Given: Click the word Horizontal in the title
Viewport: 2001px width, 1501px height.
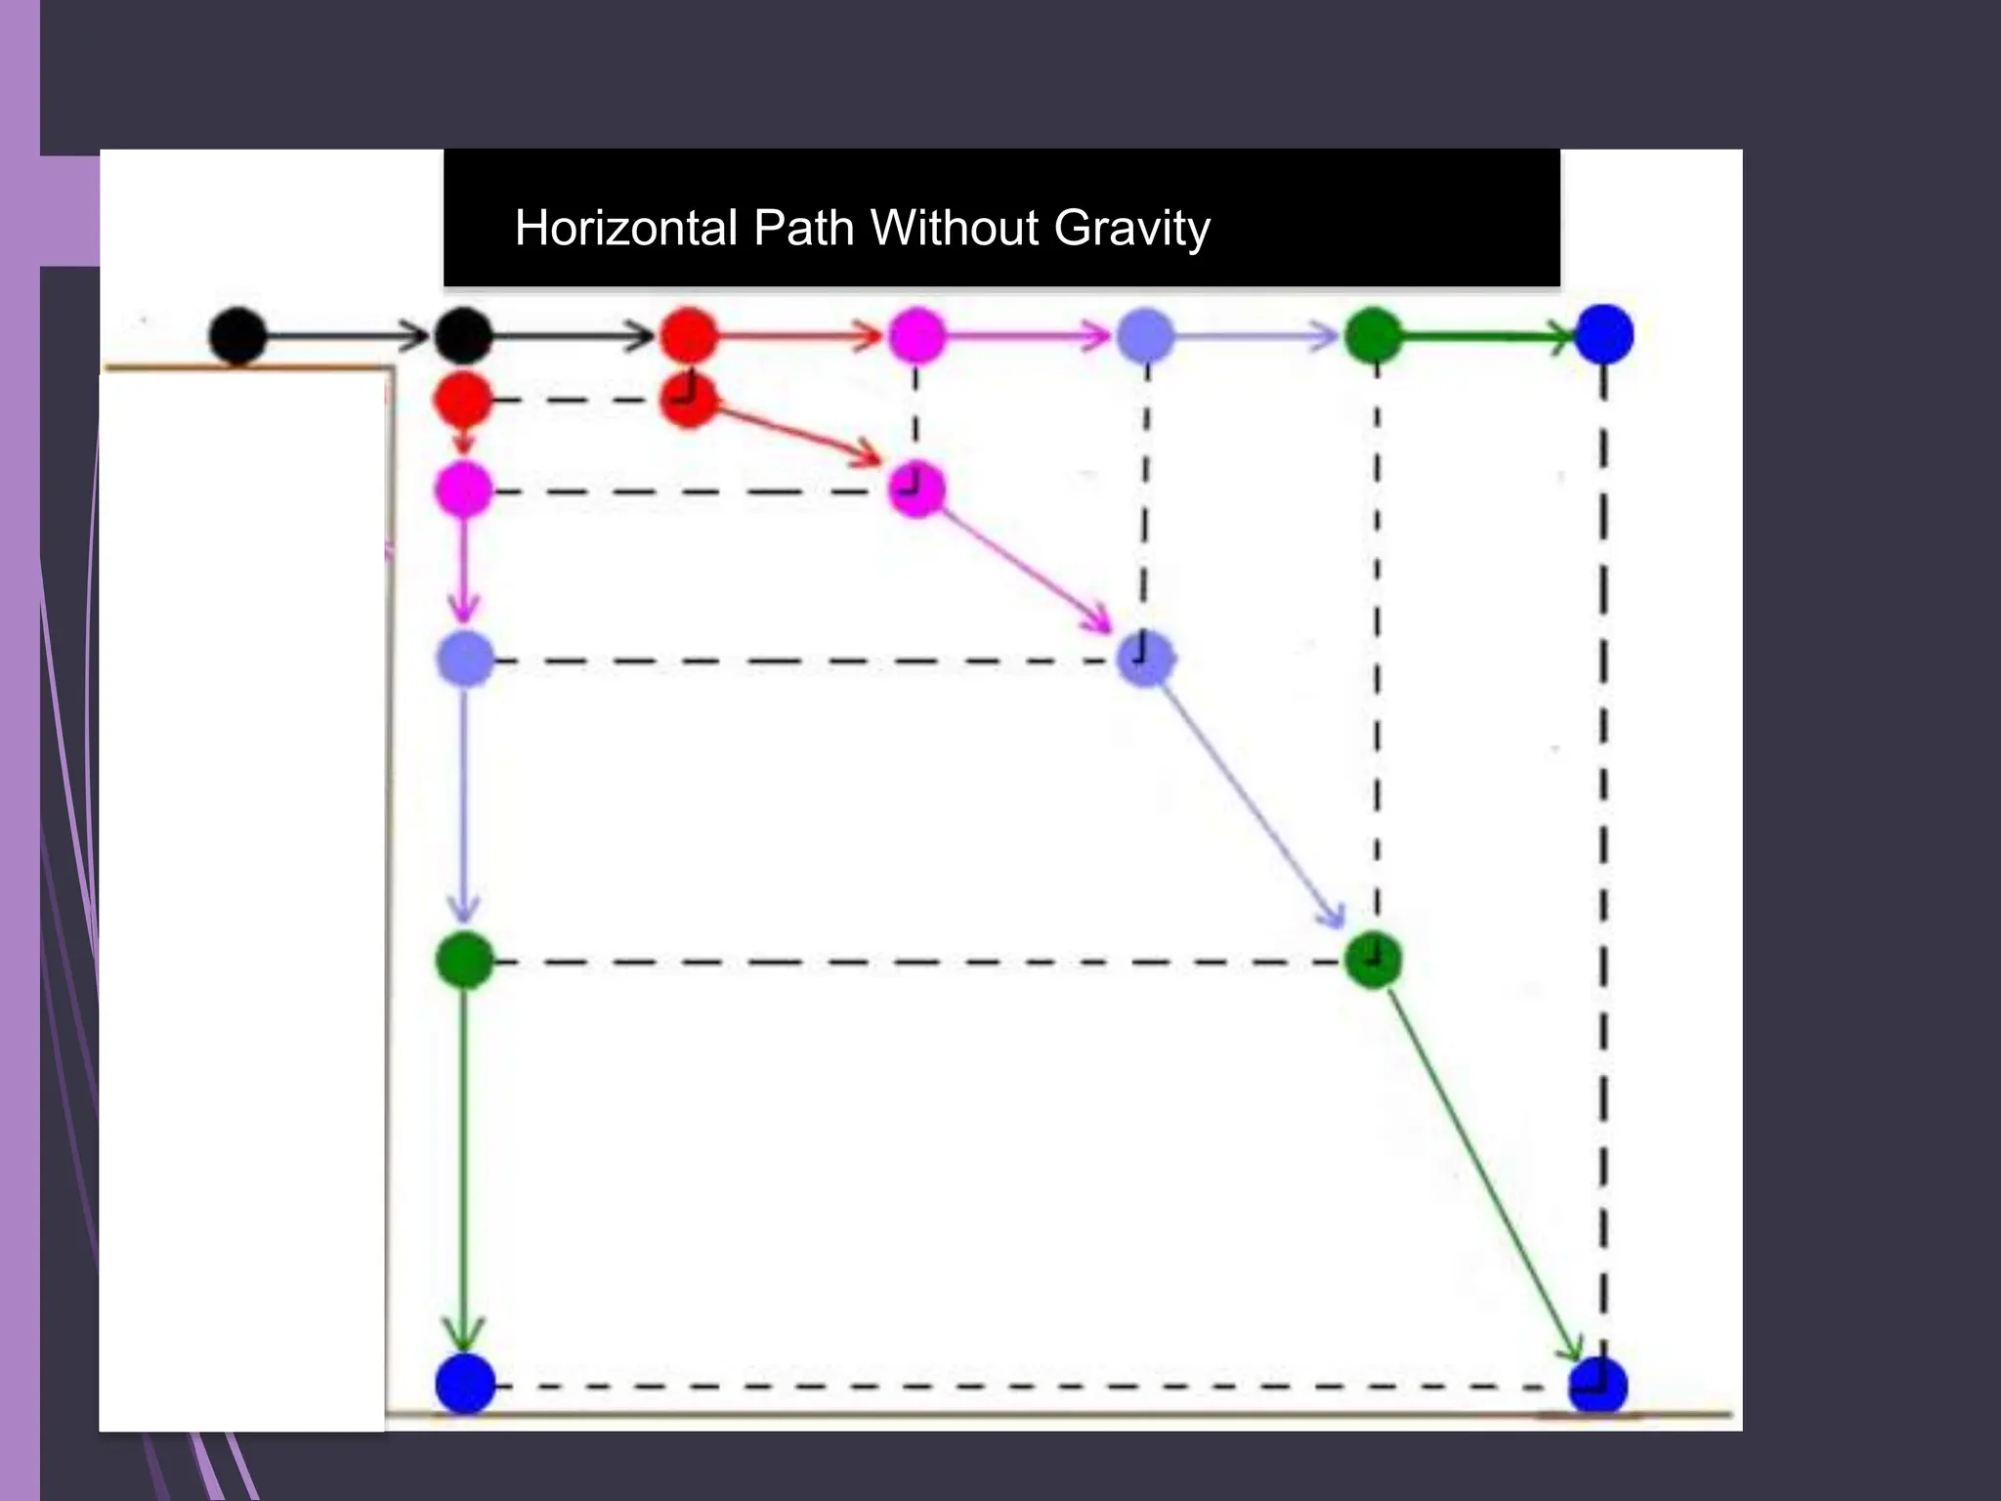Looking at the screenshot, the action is coord(625,228).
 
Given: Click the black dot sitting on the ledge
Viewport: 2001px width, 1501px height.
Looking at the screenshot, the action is coord(237,336).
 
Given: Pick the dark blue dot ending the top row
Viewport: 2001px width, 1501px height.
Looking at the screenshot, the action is coord(1604,334).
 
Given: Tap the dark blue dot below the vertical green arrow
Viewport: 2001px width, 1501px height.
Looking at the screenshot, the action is coord(465,1384).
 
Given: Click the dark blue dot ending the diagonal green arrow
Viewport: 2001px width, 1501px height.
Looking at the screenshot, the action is coord(1597,1386).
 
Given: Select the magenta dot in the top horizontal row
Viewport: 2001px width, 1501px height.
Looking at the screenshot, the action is coord(916,335).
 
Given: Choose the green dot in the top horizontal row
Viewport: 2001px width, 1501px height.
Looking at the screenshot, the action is coord(1374,335).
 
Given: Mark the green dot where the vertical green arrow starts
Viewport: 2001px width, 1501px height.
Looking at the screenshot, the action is coord(464,960).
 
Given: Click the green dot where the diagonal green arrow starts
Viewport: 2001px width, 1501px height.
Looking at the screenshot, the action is coord(1373,960).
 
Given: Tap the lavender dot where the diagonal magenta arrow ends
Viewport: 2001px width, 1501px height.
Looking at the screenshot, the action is coord(1144,657).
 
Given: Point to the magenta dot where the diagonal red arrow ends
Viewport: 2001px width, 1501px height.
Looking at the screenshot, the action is coord(916,489).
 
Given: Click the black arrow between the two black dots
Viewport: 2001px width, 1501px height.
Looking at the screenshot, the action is coord(347,336).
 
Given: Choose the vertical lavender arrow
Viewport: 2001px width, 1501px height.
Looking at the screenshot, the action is coord(464,801).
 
